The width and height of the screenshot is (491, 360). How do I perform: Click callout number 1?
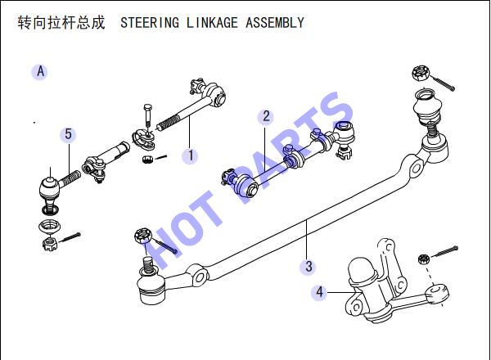191,155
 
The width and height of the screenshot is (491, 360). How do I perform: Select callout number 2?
266,116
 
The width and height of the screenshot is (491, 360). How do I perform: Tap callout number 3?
309,267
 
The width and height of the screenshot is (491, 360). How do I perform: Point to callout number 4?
319,292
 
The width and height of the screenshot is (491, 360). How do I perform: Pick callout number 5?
68,134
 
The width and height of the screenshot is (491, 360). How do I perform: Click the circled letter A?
40,72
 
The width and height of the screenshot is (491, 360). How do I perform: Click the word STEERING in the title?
150,23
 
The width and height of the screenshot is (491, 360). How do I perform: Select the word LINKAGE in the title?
212,23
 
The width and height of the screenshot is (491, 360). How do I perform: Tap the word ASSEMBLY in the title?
275,23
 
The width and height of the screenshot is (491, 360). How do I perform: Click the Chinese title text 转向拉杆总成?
61,23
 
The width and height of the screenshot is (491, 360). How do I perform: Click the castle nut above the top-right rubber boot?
421,73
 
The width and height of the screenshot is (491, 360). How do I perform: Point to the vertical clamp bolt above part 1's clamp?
148,115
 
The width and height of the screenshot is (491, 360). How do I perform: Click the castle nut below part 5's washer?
49,244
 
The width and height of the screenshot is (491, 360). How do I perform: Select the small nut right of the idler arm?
423,259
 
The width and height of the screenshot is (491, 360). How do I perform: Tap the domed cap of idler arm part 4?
363,269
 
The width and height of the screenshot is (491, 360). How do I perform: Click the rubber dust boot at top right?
426,106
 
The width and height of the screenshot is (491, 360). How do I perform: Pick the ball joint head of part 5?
49,188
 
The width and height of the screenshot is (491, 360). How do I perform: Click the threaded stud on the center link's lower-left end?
148,265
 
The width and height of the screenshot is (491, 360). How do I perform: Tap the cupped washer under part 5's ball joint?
49,226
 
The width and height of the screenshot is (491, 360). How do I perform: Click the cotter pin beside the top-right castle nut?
443,83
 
